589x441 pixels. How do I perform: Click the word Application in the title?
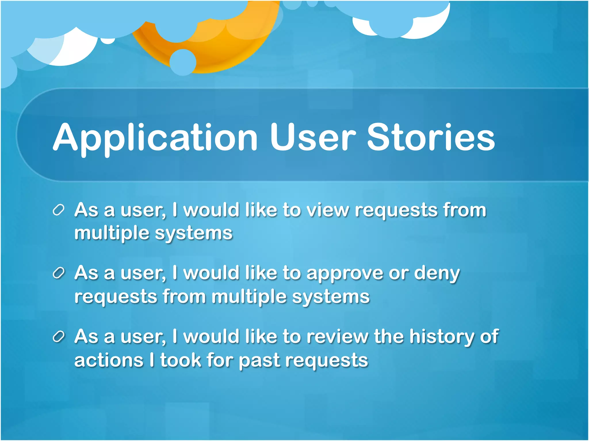click(x=155, y=138)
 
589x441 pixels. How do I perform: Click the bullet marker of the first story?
click(x=58, y=210)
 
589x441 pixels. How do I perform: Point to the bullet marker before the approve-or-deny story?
click(x=58, y=273)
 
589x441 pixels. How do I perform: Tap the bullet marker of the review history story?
click(x=58, y=336)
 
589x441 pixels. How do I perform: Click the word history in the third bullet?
click(x=442, y=337)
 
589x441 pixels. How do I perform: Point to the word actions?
click(x=109, y=360)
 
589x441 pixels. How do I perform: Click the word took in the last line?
click(x=181, y=360)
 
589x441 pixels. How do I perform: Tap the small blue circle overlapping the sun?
click(x=183, y=62)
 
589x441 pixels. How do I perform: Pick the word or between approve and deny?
click(x=399, y=274)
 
